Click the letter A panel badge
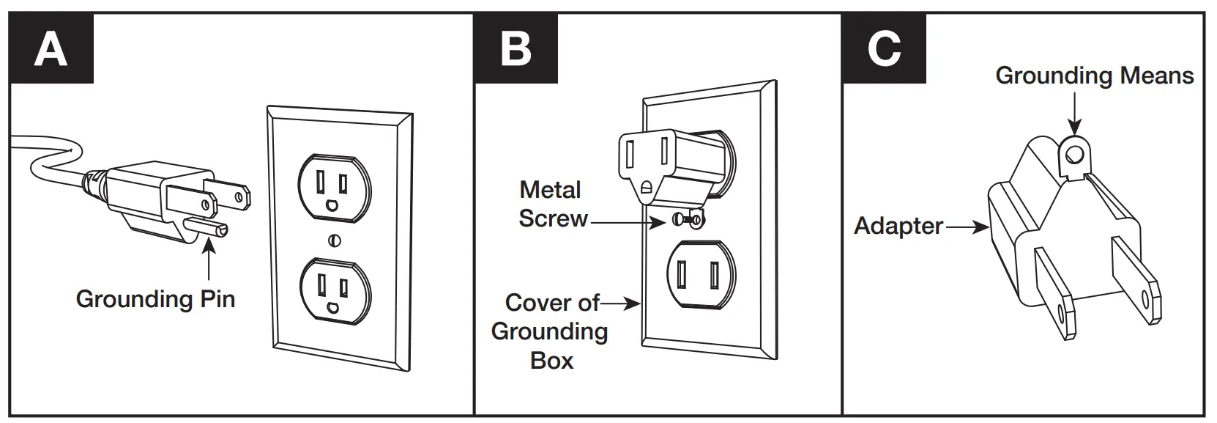click(51, 49)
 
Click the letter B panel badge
click(516, 49)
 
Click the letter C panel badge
click(884, 49)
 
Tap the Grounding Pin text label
click(155, 299)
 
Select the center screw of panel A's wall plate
click(335, 240)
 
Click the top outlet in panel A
click(334, 188)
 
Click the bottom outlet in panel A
click(334, 290)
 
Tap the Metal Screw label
click(552, 205)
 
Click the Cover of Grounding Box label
click(551, 331)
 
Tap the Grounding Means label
click(1094, 76)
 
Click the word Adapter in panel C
click(898, 226)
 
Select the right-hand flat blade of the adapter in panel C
click(1136, 282)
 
